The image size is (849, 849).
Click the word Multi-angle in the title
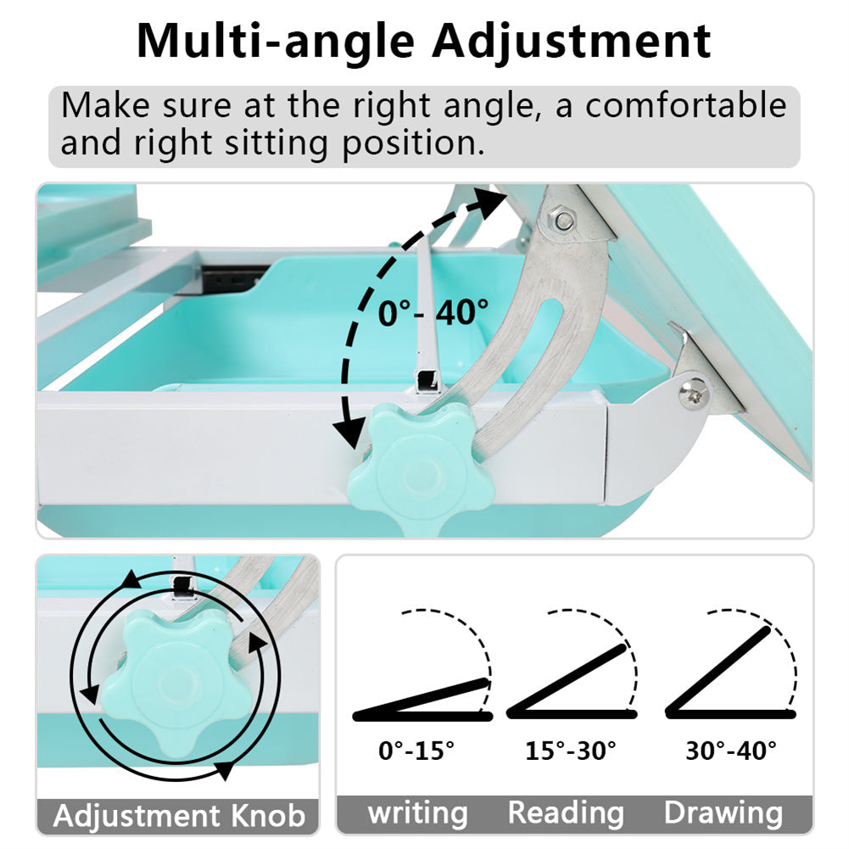tap(276, 42)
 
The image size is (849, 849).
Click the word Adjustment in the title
tap(572, 42)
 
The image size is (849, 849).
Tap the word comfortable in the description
tap(685, 104)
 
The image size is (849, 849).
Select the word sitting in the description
tap(276, 143)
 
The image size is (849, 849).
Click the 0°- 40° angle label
tap(433, 312)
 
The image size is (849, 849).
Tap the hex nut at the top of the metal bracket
tap(564, 220)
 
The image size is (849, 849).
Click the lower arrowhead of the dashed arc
tap(348, 431)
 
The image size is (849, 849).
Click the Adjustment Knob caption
tap(179, 815)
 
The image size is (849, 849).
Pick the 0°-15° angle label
tap(416, 751)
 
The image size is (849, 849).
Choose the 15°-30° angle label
tap(571, 751)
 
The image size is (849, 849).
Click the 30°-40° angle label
tap(731, 751)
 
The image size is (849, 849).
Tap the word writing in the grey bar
tap(417, 813)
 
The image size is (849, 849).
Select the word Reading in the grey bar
tap(566, 813)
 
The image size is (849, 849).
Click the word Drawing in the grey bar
tap(723, 813)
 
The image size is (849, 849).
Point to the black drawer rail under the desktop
tap(236, 278)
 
